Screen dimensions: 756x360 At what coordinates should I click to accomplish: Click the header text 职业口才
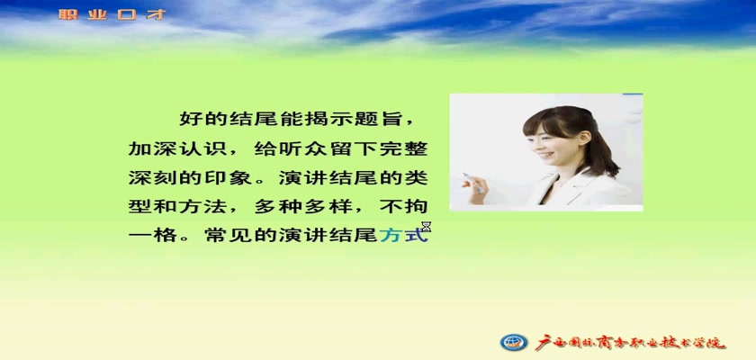112,14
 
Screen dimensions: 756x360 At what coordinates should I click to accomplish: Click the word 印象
228,178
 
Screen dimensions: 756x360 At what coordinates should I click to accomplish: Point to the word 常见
228,236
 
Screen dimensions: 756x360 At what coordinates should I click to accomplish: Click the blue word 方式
404,236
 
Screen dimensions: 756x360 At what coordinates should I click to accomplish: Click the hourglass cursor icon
427,227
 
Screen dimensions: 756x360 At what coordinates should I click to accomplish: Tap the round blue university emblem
514,342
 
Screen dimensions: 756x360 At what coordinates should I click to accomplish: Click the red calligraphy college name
631,342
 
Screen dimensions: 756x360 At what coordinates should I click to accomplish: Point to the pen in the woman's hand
473,183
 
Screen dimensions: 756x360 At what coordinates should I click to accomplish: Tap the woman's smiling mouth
545,156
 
